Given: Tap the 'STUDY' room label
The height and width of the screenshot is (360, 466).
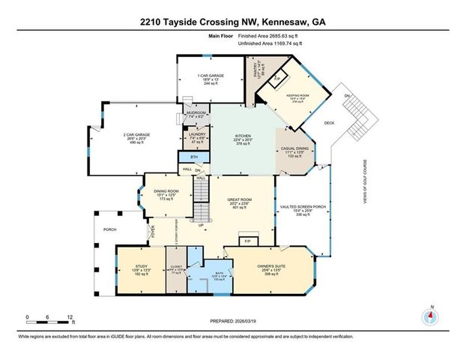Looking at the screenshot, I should [141, 266].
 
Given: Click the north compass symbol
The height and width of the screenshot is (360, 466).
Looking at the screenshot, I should [429, 316].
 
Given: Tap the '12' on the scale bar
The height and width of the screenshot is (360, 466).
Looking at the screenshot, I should [70, 317].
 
